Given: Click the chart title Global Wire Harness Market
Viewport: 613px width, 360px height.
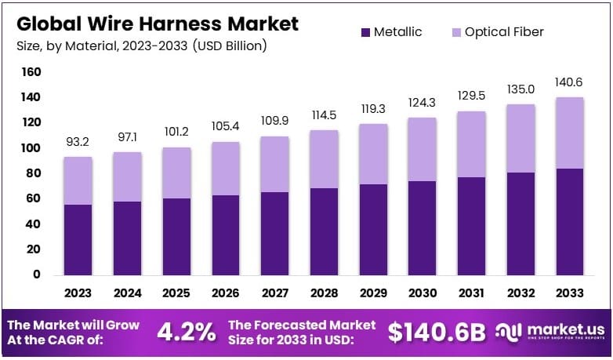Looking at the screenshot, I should (x=158, y=24).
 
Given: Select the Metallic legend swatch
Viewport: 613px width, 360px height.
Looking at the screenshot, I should (x=365, y=32).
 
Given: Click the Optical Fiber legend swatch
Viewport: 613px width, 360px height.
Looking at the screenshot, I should (x=455, y=32).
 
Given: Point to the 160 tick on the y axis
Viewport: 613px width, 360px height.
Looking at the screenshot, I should (x=31, y=72).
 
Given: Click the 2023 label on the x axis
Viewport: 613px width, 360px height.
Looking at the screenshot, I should (x=78, y=293).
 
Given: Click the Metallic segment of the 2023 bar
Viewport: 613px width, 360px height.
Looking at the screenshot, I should (x=78, y=239).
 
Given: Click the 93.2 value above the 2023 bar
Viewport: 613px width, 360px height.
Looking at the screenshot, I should (x=78, y=142).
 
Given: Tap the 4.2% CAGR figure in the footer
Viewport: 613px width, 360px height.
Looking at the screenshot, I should (x=186, y=332).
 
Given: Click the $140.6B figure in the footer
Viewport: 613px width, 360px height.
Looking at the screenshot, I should (x=437, y=332).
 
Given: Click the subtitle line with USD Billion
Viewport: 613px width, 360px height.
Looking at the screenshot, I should (x=141, y=46).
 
